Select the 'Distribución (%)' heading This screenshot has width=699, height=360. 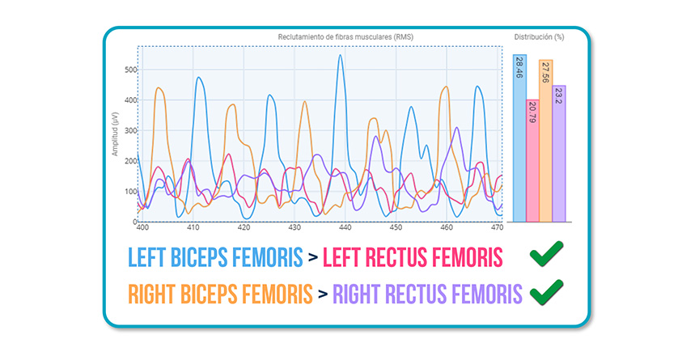(539, 37)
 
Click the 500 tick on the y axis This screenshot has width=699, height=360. (129, 70)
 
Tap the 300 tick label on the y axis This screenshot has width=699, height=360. (129, 130)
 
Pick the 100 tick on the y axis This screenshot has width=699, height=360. (129, 192)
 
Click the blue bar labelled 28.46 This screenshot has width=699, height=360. (519, 138)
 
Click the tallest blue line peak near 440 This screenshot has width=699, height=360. (341, 56)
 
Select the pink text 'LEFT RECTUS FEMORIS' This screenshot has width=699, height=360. (413, 258)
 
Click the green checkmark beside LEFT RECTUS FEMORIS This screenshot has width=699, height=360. (547, 256)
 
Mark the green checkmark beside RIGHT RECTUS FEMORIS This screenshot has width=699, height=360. (547, 292)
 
